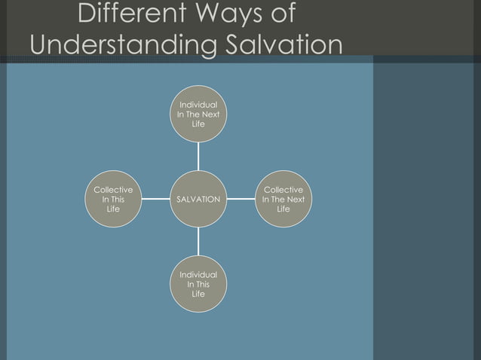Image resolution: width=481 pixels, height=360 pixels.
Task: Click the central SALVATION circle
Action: [198, 200]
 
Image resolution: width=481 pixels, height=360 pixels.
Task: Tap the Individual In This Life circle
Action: [198, 285]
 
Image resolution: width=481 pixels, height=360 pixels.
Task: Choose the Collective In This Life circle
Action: [113, 200]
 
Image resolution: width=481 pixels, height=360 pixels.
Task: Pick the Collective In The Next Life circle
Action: [283, 200]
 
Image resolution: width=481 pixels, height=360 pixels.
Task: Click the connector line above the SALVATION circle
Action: [198, 156]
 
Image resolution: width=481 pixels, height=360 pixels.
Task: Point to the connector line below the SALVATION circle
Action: [198, 242]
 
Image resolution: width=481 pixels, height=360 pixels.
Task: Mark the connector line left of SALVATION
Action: [155, 200]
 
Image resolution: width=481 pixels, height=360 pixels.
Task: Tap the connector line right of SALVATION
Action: [241, 200]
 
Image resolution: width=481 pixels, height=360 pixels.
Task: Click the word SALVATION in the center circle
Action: [198, 200]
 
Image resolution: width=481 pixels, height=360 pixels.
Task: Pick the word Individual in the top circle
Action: [198, 105]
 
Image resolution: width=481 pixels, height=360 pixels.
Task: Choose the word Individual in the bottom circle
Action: [198, 276]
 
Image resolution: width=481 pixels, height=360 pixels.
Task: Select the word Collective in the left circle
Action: [113, 191]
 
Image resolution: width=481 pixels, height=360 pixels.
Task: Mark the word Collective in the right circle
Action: [283, 191]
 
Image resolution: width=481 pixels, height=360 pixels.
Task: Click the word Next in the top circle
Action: [210, 114]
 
